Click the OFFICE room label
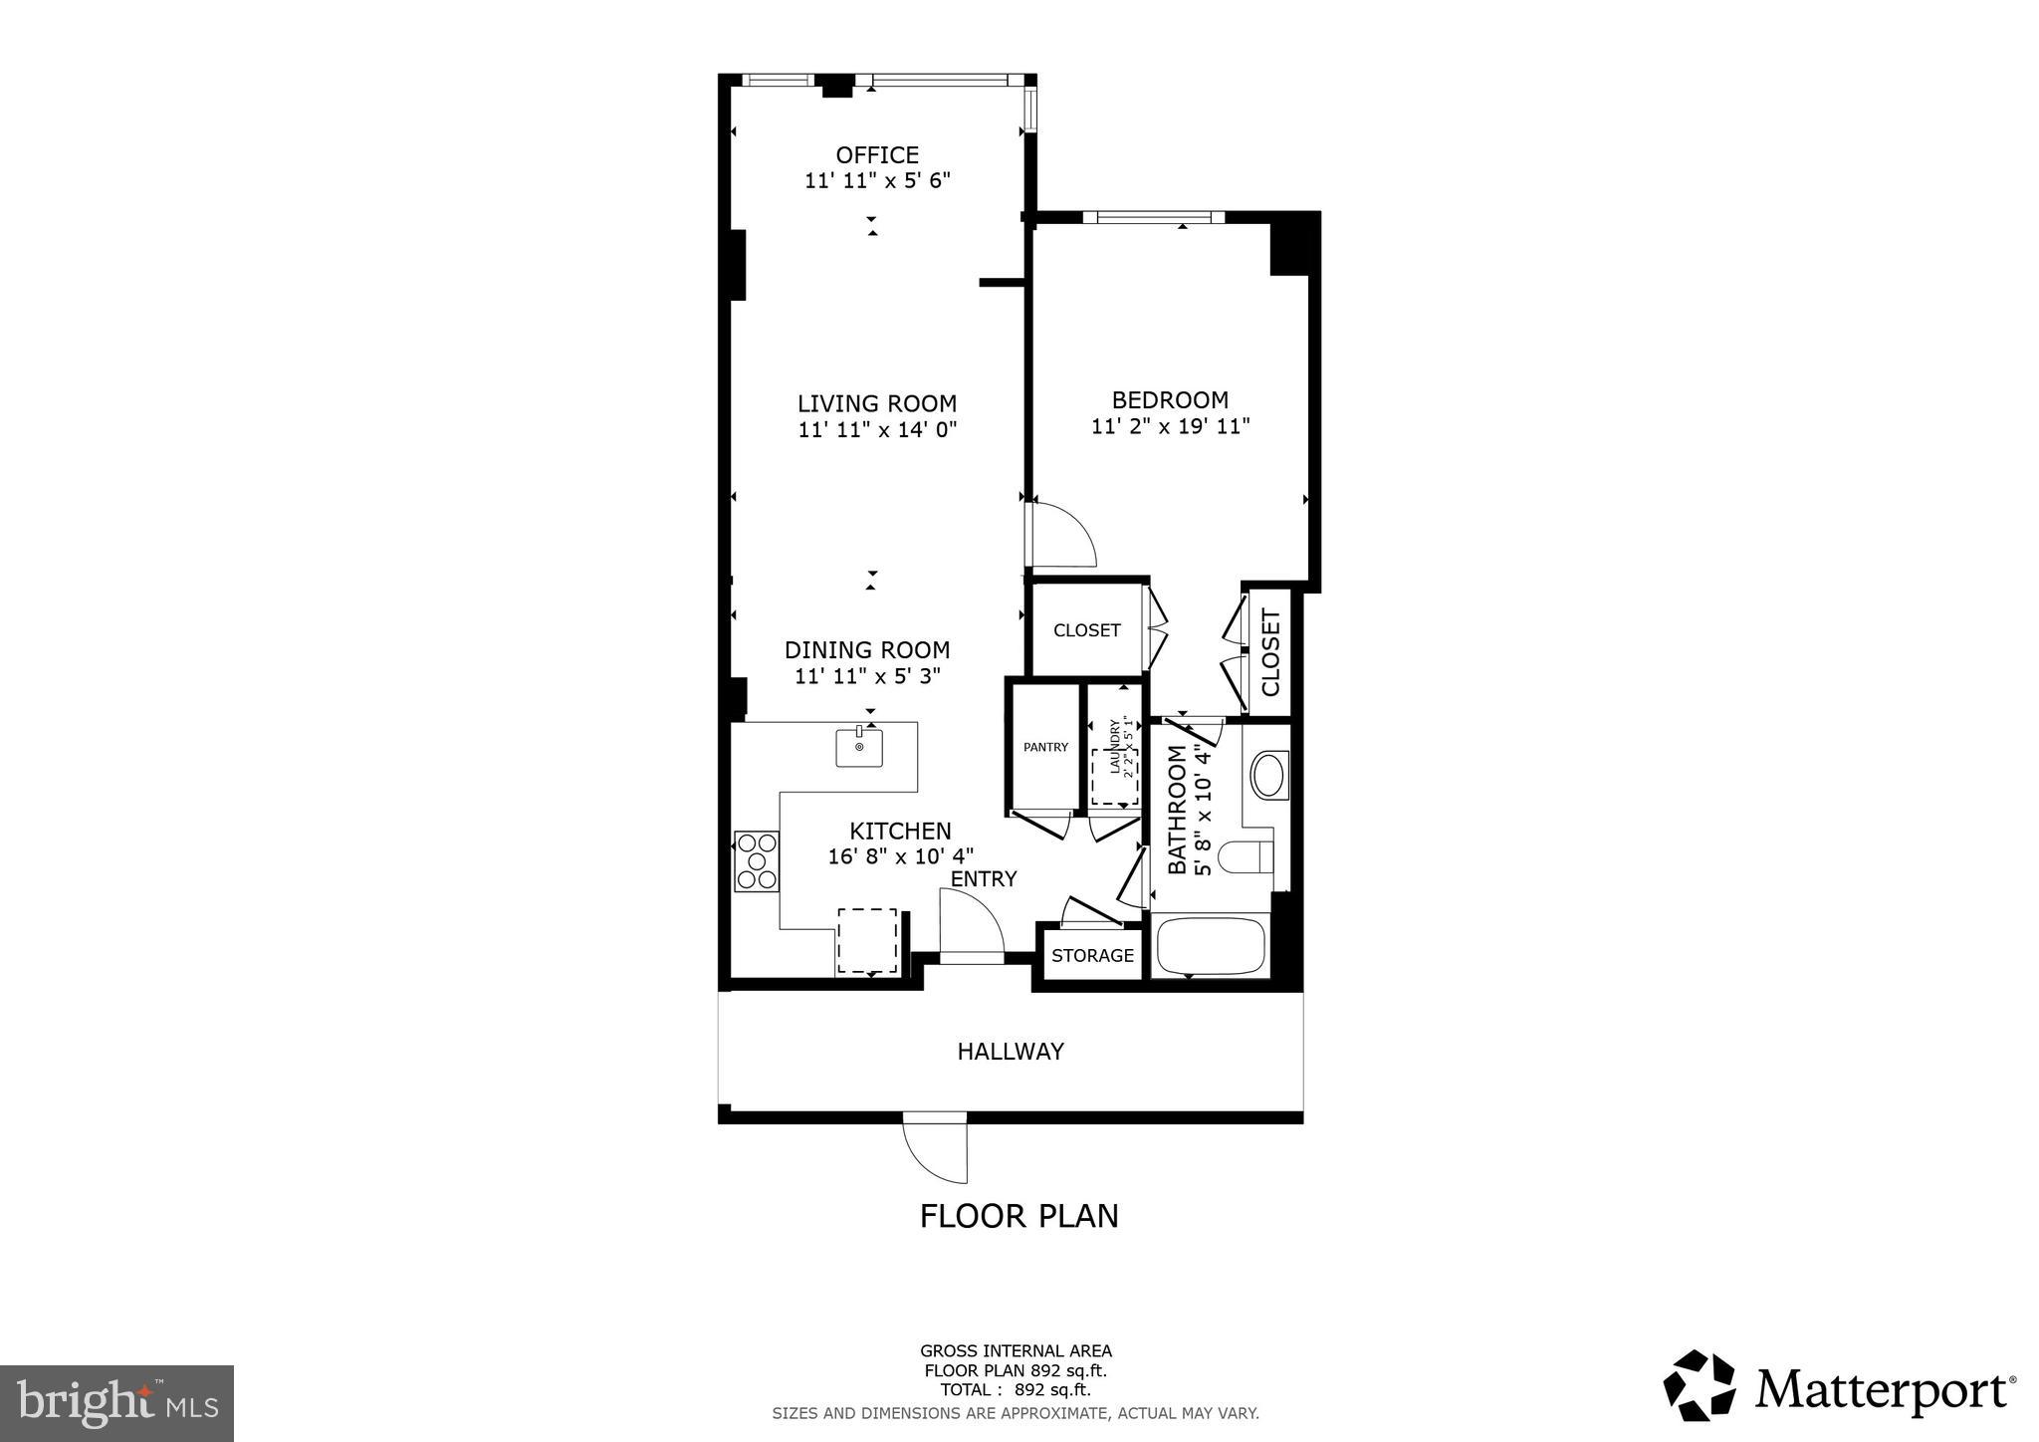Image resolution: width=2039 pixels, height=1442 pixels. (877, 155)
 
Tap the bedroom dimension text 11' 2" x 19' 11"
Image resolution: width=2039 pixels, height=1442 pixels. (1170, 426)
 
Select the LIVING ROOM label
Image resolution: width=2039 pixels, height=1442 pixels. (877, 403)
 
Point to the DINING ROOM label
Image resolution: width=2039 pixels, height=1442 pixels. (867, 650)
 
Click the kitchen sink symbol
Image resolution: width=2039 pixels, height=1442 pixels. (859, 747)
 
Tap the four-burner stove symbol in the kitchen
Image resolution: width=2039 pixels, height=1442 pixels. (757, 860)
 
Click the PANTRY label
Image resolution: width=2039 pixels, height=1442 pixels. (1045, 747)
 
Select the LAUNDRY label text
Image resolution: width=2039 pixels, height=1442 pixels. (1115, 747)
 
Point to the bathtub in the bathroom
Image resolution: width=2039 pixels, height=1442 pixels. (1211, 946)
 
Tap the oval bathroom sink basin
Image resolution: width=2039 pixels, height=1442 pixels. (1268, 775)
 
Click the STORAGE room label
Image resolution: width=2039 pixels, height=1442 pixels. (1092, 956)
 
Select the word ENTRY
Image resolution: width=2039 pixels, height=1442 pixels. (984, 878)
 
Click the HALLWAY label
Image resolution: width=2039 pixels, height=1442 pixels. (1011, 1052)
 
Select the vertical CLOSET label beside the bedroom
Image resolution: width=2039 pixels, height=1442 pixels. (1270, 652)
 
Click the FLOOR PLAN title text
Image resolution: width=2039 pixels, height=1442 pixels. (1019, 1216)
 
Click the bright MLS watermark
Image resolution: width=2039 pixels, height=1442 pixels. (117, 1404)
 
